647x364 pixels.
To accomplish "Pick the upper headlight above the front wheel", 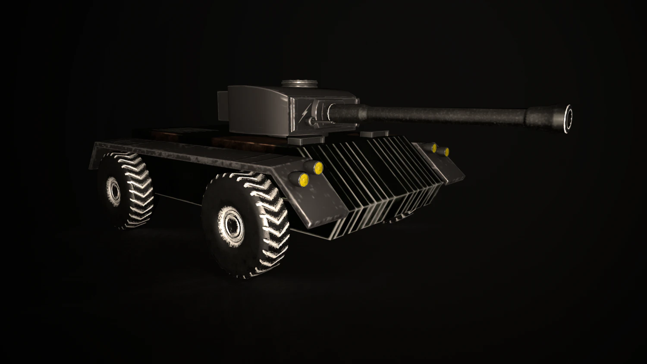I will click(x=318, y=167).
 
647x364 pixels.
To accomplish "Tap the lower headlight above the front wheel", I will click(x=304, y=179).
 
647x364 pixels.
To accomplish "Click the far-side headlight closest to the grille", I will click(x=433, y=148).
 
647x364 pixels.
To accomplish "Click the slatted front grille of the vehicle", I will click(x=380, y=181).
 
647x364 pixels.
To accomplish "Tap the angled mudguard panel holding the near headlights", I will click(x=321, y=198).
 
